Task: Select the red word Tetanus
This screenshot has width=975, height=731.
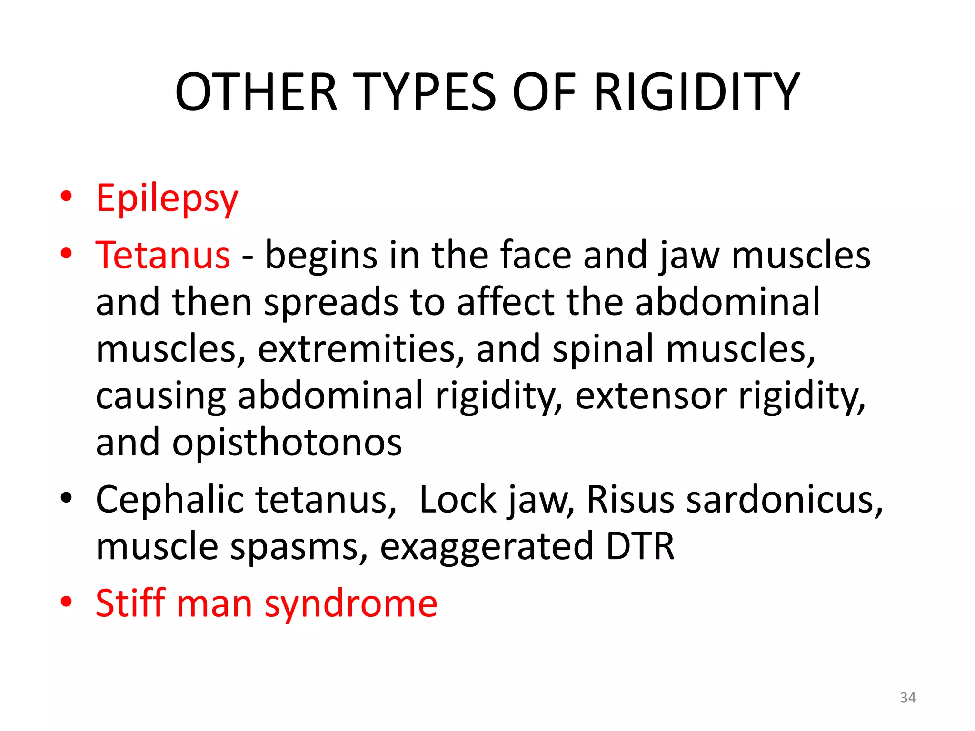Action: tap(163, 256)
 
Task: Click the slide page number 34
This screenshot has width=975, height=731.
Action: tap(908, 698)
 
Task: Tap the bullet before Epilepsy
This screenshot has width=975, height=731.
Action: tap(67, 196)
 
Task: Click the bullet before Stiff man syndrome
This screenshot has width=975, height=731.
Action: tap(67, 602)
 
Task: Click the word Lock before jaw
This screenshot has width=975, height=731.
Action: tap(458, 500)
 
